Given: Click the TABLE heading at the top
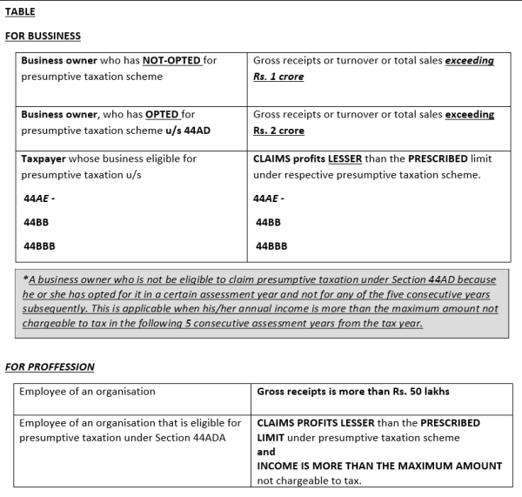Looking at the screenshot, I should [x=20, y=13].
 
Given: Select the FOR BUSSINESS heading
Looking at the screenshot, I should [x=43, y=37].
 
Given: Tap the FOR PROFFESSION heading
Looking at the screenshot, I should [x=50, y=367].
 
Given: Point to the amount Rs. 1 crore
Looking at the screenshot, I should [x=278, y=77].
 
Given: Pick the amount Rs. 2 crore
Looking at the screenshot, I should [x=278, y=131].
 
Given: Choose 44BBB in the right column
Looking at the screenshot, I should [x=271, y=246].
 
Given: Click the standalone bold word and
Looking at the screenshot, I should [x=266, y=452].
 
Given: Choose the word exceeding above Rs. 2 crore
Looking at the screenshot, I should [x=469, y=115].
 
